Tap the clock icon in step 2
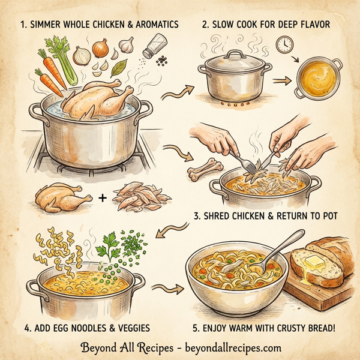[x=284, y=44]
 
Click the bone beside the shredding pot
[x=199, y=172]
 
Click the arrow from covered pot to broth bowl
[x=280, y=80]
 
